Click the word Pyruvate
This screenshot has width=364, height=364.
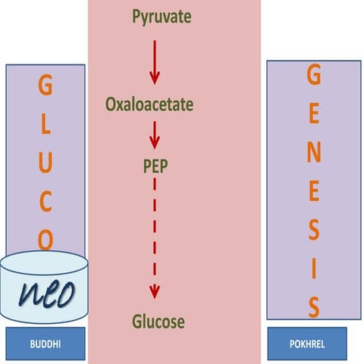[161, 15]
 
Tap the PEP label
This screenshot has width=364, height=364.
[155, 166]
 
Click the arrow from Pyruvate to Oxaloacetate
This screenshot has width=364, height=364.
[155, 62]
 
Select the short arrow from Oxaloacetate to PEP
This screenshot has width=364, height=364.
[155, 134]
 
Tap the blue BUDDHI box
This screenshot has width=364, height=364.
[45, 344]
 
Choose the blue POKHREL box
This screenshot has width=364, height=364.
[307, 344]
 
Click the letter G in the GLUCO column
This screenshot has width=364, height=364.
[45, 87]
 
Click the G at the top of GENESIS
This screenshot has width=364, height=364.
[314, 76]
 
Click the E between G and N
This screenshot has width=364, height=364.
[314, 115]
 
